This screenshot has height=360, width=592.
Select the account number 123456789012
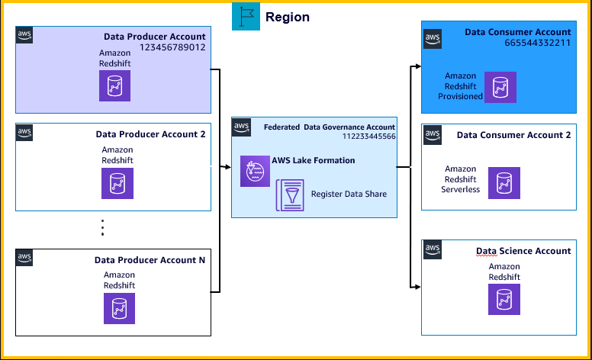pos(172,47)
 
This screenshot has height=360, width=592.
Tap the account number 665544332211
pos(538,43)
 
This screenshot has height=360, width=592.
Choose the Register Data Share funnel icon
pos(290,195)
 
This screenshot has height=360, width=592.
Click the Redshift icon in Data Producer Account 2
pos(117,184)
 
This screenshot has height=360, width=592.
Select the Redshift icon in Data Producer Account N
pos(119,308)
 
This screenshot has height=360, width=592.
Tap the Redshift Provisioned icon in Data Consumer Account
pos(500,88)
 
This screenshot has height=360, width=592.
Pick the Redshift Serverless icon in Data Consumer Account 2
pos(504,183)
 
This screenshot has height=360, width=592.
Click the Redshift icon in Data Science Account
pos(504,300)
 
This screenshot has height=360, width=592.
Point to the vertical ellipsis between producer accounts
pos(102,227)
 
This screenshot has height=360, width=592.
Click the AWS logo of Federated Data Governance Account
pos(242,127)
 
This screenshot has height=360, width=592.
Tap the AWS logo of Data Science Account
pos(432,249)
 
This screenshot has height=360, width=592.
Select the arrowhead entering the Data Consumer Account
pos(417,66)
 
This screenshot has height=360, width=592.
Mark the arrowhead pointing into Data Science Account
pos(417,287)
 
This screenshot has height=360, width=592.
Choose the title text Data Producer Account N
pos(150,260)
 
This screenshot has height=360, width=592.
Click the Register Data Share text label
pos(349,194)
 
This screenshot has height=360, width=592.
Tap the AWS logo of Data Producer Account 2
pos(24,133)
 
